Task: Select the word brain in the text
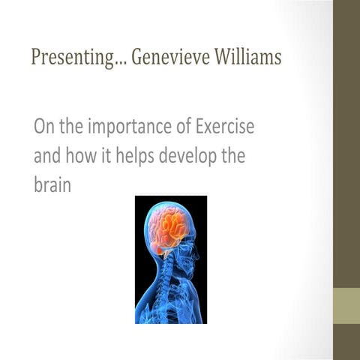pyautogui.click(x=52, y=184)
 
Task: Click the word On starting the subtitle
pyautogui.click(x=43, y=127)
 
